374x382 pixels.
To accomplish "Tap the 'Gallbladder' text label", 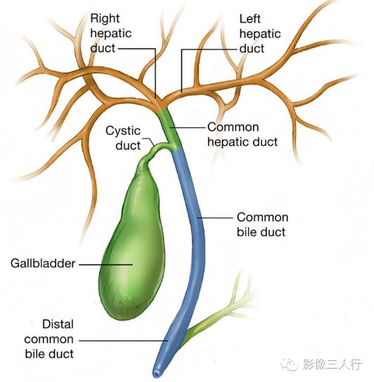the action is click(x=43, y=264).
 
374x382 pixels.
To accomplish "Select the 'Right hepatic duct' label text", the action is click(x=111, y=33).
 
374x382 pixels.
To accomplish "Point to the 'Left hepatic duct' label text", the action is click(x=260, y=34).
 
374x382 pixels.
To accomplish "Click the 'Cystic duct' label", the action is click(x=123, y=138).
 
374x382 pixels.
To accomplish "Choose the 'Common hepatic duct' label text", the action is click(x=243, y=134).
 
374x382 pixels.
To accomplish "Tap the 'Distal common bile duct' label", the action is click(x=49, y=339).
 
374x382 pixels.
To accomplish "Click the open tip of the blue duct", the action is click(x=156, y=373).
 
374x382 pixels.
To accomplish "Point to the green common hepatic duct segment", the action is click(x=169, y=127).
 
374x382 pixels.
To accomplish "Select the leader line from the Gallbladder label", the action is click(x=106, y=265).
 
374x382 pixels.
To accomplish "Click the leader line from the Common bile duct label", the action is click(x=215, y=217).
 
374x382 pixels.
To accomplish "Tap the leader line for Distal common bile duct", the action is click(x=124, y=340).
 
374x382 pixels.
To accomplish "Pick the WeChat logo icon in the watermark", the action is click(x=289, y=364).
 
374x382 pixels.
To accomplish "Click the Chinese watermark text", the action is click(x=333, y=364).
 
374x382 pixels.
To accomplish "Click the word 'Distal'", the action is click(x=58, y=324).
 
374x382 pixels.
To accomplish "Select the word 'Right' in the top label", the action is click(x=105, y=18).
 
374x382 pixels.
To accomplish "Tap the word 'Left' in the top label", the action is click(x=250, y=19).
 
